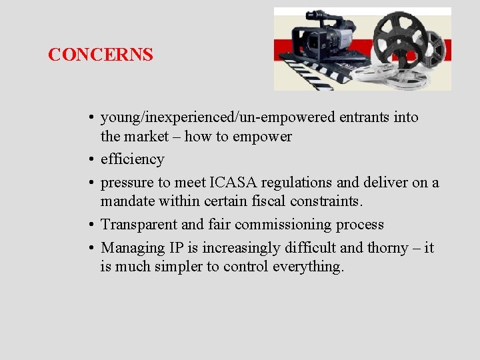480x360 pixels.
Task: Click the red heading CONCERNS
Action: (x=101, y=55)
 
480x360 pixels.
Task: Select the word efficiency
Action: (x=132, y=159)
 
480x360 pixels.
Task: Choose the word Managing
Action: (x=132, y=248)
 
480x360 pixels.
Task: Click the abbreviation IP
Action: (x=176, y=248)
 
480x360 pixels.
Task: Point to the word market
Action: (x=151, y=137)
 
